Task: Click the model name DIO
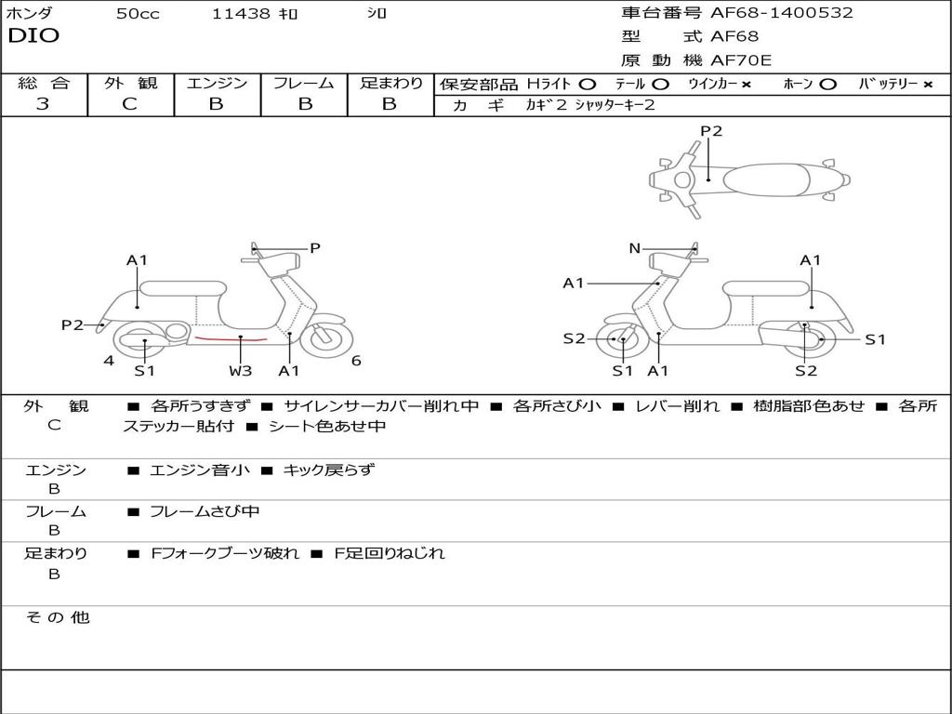point(33,36)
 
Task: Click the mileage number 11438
point(241,13)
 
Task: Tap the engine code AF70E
point(741,60)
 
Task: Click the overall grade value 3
point(43,104)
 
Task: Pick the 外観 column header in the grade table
point(130,84)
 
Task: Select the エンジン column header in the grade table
point(217,84)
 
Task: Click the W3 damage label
point(241,371)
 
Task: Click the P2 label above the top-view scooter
point(711,131)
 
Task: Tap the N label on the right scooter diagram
point(635,248)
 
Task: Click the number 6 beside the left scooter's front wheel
point(356,362)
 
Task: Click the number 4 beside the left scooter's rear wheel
point(109,361)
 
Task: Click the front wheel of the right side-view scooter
point(621,340)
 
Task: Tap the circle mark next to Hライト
point(588,85)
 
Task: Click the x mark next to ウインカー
point(746,85)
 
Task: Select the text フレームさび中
point(205,511)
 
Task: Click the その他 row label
point(58,617)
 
